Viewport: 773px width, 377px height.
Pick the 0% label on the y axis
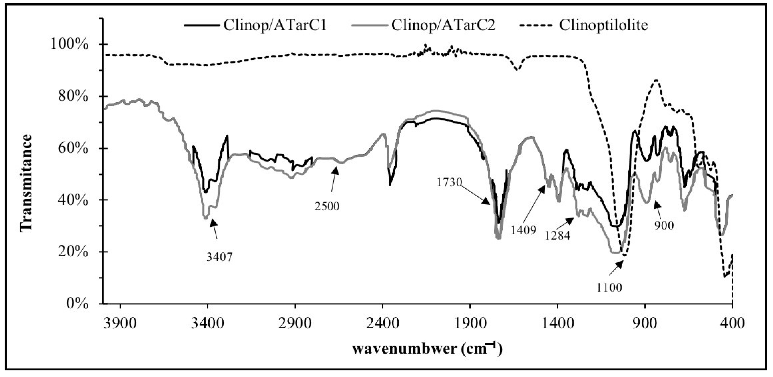click(x=77, y=304)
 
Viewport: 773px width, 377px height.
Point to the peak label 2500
click(x=327, y=206)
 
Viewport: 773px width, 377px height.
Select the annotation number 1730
click(x=449, y=182)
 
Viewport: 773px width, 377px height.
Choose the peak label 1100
click(x=609, y=288)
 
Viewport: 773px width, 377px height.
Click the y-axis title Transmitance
click(x=26, y=183)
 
